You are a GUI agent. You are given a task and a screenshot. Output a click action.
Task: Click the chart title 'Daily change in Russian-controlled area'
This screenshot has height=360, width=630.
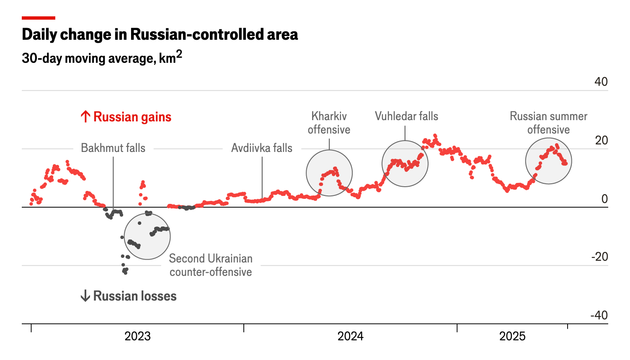160,34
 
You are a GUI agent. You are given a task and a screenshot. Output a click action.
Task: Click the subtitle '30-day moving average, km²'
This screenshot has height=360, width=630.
102,57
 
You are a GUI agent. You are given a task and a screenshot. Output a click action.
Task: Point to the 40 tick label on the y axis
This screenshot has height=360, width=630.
601,82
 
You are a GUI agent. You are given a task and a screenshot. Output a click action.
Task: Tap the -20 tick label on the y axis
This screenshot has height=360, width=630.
599,257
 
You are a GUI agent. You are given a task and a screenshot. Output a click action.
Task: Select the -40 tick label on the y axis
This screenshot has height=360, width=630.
599,315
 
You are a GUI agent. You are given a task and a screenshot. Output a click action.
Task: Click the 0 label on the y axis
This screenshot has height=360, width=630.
604,199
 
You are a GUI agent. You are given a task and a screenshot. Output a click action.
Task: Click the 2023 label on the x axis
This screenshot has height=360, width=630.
137,336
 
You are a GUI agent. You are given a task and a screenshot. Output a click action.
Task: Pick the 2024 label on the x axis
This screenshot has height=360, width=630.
350,336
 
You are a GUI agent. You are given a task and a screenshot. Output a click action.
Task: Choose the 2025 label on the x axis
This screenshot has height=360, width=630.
512,336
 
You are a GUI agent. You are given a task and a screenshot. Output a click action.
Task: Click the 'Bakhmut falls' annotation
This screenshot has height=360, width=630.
113,148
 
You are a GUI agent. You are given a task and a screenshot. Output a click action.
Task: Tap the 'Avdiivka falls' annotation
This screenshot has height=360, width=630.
262,148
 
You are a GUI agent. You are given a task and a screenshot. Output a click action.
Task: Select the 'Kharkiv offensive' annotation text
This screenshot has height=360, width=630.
329,123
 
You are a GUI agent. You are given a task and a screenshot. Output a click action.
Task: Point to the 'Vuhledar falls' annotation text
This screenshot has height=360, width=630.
406,116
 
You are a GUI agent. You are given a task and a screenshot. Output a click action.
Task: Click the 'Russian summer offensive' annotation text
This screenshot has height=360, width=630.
548,123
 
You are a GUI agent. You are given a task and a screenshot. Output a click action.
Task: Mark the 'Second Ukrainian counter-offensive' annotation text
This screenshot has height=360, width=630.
211,265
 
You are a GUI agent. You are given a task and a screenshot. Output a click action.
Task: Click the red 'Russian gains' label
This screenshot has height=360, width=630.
132,117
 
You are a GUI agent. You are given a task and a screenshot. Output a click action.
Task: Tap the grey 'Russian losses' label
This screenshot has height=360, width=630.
134,296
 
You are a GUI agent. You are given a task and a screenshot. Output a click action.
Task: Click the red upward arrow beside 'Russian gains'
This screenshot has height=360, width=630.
85,116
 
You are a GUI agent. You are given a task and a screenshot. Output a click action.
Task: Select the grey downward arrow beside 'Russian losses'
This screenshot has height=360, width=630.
85,296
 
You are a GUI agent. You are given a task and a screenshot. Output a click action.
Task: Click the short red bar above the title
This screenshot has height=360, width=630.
39,18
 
